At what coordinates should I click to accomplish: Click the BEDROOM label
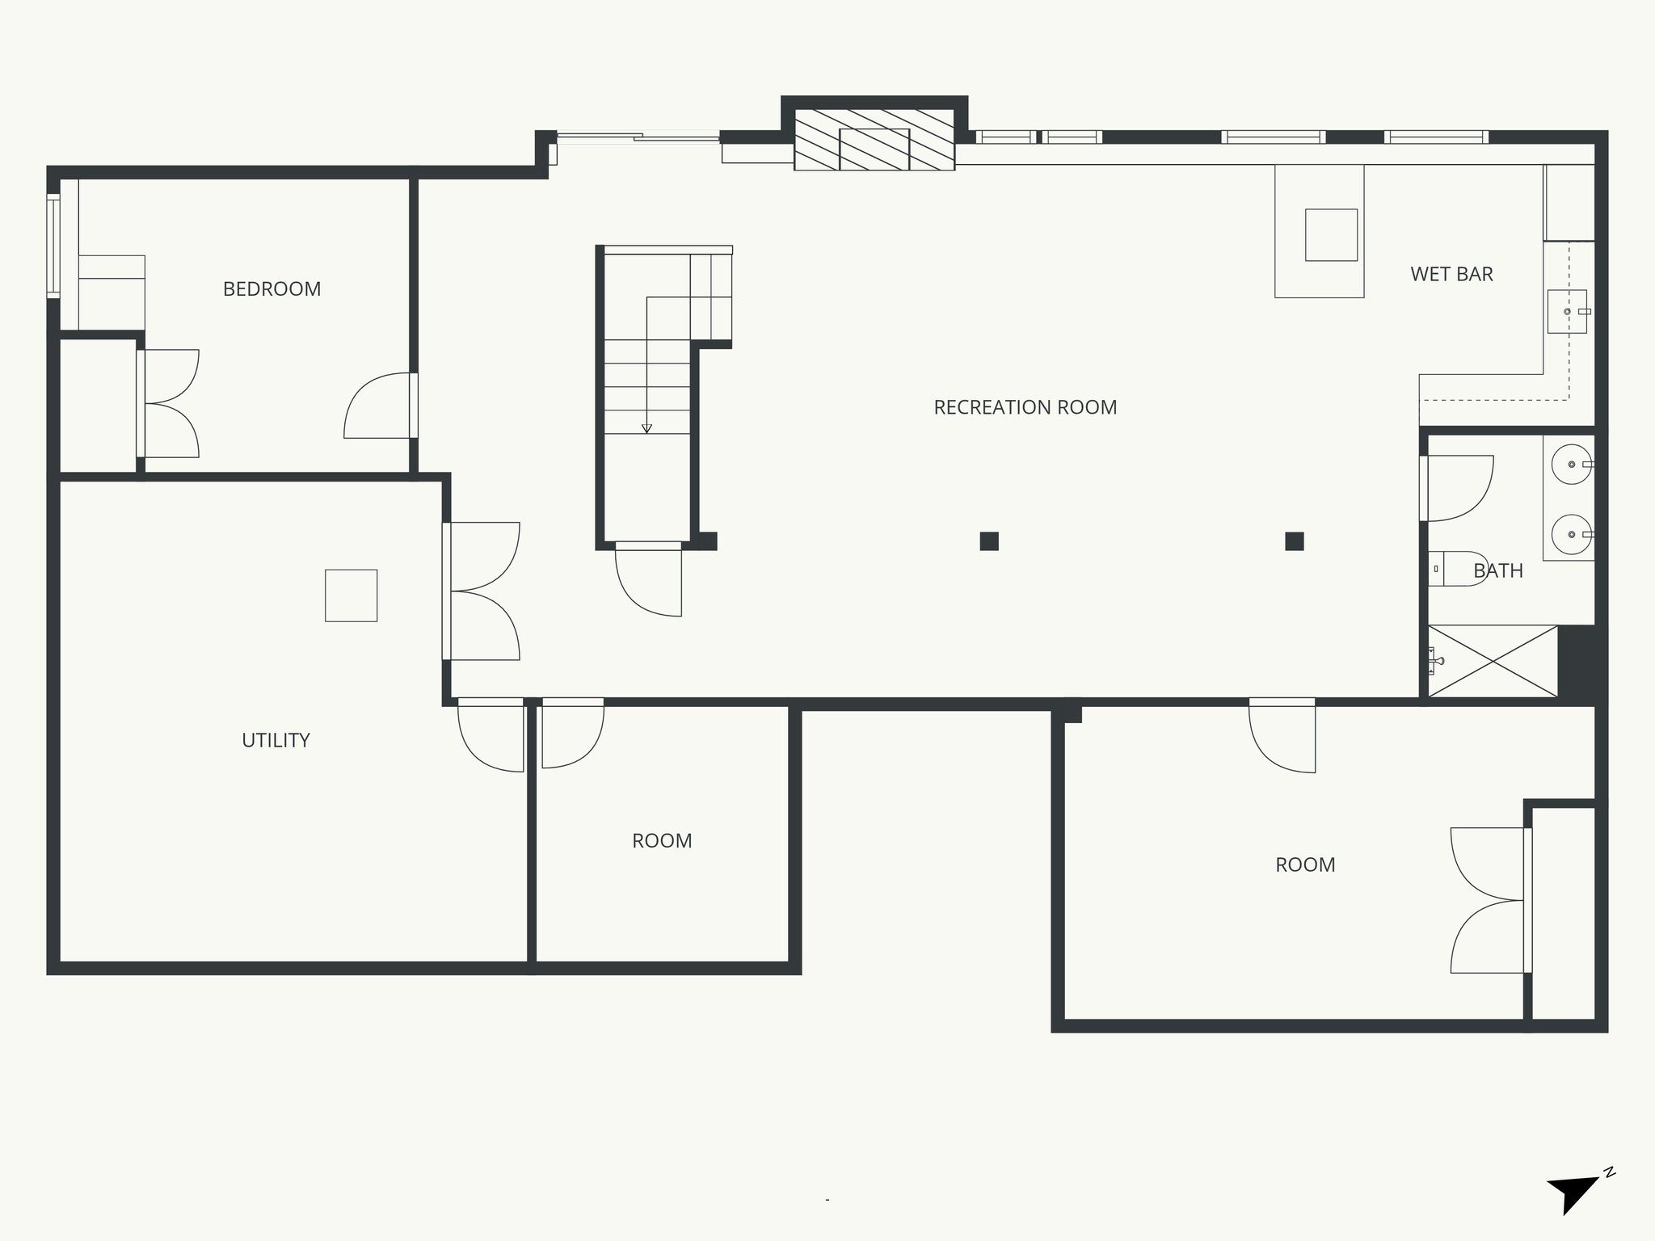(272, 289)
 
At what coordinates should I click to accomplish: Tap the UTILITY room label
(276, 740)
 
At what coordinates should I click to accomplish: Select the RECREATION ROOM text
(1025, 407)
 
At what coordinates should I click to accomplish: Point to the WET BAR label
(1451, 275)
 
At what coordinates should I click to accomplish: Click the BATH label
(1498, 571)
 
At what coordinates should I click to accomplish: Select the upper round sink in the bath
(1572, 465)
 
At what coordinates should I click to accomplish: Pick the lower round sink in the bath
(1572, 534)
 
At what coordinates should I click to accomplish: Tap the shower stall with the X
(1493, 661)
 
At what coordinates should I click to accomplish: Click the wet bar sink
(1567, 311)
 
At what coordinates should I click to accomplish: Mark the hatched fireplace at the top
(874, 141)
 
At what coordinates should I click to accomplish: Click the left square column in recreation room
(989, 541)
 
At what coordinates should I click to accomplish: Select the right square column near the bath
(1294, 541)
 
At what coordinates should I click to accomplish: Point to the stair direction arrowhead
(646, 429)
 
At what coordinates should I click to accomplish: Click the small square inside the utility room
(351, 595)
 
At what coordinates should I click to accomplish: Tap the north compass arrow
(1573, 1213)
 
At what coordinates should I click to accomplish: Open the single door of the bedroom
(378, 407)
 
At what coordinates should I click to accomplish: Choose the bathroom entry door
(1459, 489)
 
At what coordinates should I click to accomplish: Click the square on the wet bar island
(1331, 234)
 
